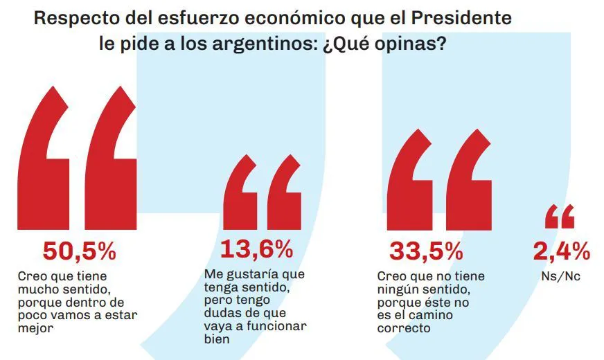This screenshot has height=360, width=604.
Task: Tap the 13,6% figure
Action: [x=256, y=248]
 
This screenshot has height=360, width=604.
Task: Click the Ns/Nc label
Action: [x=561, y=276]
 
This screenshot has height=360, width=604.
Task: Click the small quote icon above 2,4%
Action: [x=560, y=217]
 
